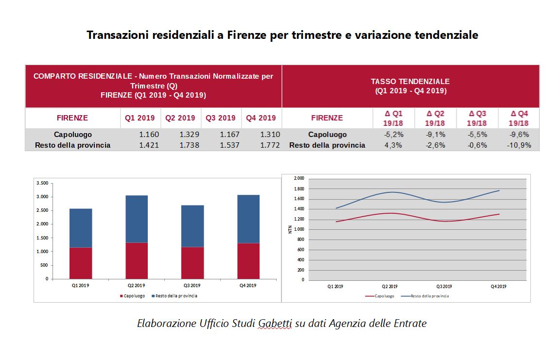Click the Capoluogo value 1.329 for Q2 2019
tap(189, 135)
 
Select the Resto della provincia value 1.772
tap(270, 145)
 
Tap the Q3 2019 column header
tap(221, 118)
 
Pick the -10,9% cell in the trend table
tap(519, 145)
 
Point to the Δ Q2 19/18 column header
tap(435, 118)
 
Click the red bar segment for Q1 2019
tap(81, 263)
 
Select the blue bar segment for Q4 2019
tap(248, 219)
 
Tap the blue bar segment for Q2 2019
tap(137, 219)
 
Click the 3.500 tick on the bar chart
tap(42, 183)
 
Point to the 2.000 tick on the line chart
tap(298, 178)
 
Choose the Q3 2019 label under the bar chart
tap(192, 285)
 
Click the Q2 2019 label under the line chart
tap(389, 286)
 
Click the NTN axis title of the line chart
tap(290, 228)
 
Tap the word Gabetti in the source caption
tap(275, 323)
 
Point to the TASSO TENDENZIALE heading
tap(410, 82)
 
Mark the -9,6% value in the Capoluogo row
tap(519, 135)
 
